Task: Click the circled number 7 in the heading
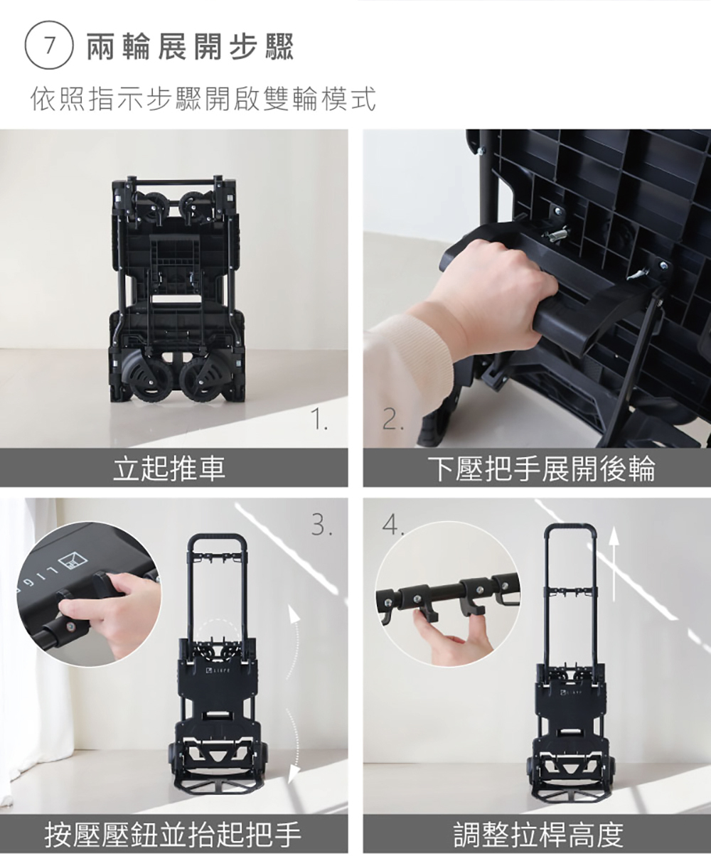pyautogui.click(x=49, y=46)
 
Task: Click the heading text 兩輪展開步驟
pyautogui.click(x=191, y=46)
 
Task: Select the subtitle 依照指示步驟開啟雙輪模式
pyautogui.click(x=203, y=98)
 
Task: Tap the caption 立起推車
pyautogui.click(x=169, y=469)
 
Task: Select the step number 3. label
pyautogui.click(x=321, y=525)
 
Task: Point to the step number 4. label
pyautogui.click(x=392, y=525)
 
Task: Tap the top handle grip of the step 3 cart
pyautogui.click(x=218, y=537)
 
